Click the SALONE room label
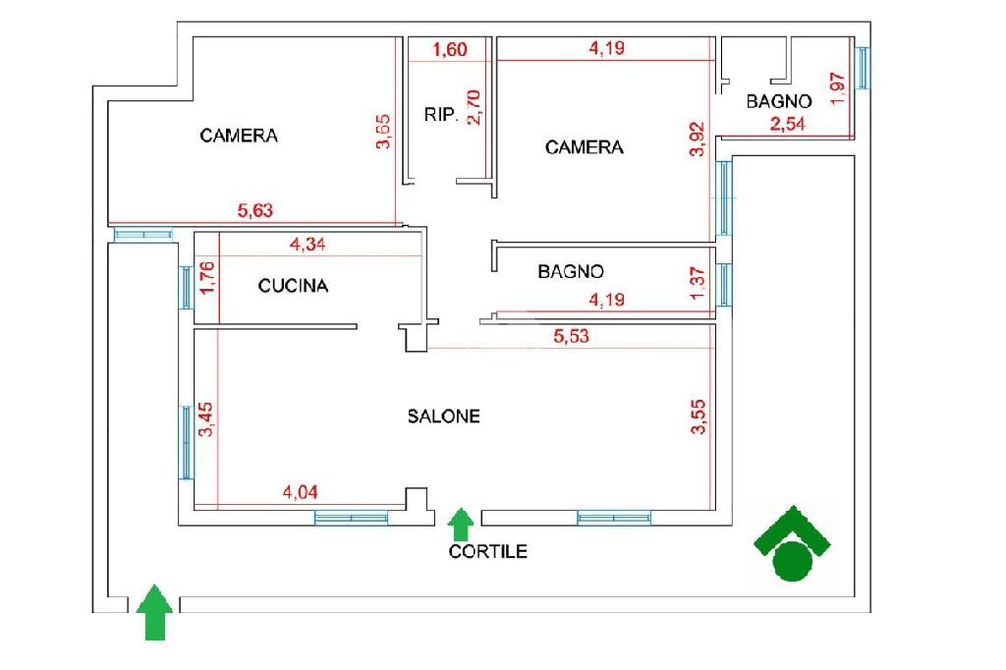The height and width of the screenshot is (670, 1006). click(444, 417)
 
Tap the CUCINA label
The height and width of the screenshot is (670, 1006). click(293, 287)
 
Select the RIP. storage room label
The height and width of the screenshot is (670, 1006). click(441, 115)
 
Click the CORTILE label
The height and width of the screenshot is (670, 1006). click(487, 551)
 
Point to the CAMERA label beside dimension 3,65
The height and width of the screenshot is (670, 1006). click(239, 136)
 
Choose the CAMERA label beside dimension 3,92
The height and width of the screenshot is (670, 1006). click(584, 147)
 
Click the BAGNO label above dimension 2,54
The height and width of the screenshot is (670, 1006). click(778, 101)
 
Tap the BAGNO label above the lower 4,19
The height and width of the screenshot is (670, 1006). click(571, 272)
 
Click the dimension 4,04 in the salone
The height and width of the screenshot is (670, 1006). click(301, 493)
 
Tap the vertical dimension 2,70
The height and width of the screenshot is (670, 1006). click(475, 106)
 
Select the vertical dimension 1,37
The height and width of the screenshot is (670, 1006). click(699, 284)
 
